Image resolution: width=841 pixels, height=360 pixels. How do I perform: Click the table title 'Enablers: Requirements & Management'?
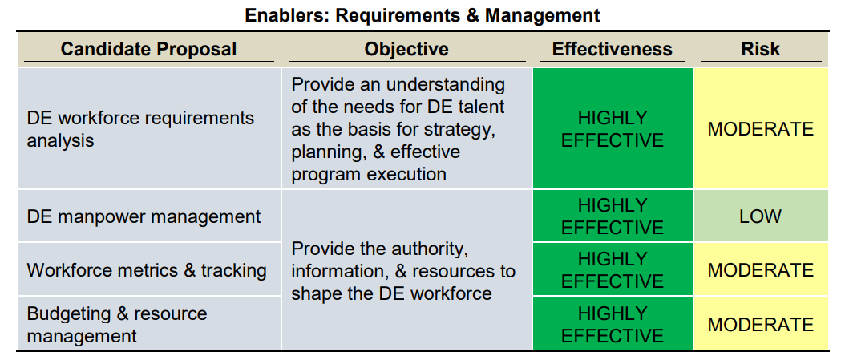tap(423, 15)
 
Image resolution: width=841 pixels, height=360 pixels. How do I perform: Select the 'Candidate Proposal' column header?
tap(148, 50)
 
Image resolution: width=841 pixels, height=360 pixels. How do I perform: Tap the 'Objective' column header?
tap(406, 50)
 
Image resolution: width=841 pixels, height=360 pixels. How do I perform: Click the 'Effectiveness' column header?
tap(612, 50)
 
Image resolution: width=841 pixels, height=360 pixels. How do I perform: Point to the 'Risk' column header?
tap(761, 50)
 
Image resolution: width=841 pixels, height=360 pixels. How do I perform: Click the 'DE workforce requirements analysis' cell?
tap(148, 128)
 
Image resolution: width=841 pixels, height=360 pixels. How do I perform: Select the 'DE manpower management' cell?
tap(148, 216)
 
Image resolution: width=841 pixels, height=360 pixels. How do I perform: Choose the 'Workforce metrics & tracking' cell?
tap(148, 269)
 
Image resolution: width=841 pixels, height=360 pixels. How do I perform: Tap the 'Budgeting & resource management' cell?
tap(148, 323)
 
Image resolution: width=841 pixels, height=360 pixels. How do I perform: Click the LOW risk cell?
tap(761, 216)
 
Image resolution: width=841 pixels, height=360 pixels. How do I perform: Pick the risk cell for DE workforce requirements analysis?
tap(761, 128)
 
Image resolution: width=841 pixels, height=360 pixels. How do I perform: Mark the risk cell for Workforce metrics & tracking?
tap(761, 269)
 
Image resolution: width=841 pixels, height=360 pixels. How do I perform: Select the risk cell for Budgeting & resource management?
tap(761, 323)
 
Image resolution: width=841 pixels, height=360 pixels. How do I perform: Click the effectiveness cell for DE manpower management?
tap(613, 216)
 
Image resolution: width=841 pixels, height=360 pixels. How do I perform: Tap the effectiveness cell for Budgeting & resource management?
tap(613, 323)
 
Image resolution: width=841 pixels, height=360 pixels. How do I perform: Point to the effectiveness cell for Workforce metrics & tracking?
tap(613, 269)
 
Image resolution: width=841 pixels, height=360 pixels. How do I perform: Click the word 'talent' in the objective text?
tap(479, 107)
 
